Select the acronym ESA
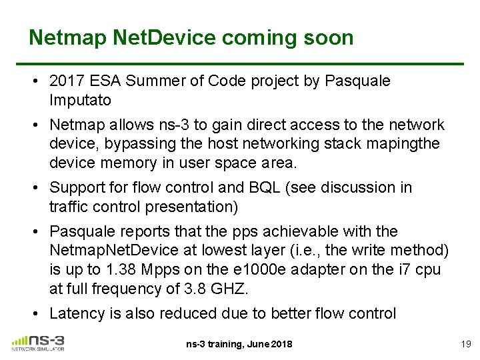pos(103,81)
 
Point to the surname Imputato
pos(80,100)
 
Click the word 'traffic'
pos(67,207)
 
